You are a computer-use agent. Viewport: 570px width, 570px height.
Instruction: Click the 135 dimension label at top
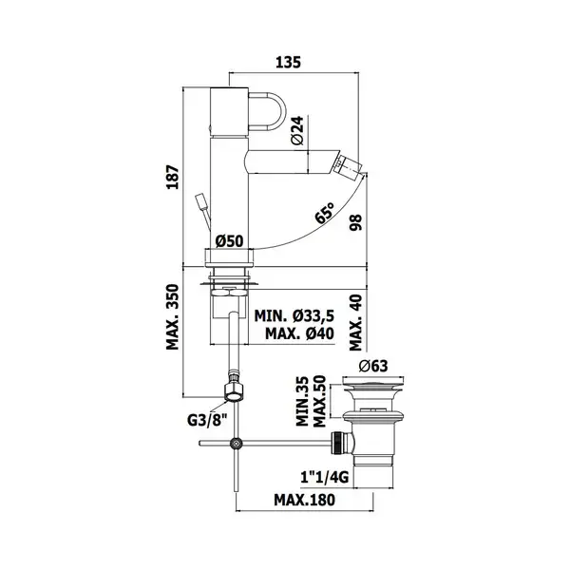coord(288,62)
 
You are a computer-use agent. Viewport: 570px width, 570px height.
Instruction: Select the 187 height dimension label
coord(173,177)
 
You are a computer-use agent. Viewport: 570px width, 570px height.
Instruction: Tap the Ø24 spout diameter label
coord(297,130)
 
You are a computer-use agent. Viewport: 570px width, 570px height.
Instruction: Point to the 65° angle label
coord(324,213)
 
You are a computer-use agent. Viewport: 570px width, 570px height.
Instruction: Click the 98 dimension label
coord(356,222)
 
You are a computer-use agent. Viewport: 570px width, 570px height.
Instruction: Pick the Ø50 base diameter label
coord(229,240)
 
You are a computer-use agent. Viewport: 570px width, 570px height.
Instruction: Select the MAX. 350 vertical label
coord(173,317)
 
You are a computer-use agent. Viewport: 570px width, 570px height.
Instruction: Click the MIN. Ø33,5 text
coord(294,316)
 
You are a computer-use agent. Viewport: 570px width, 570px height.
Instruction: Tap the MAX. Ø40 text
coord(299,333)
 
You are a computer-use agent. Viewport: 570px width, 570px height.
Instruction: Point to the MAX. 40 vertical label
coord(356,322)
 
